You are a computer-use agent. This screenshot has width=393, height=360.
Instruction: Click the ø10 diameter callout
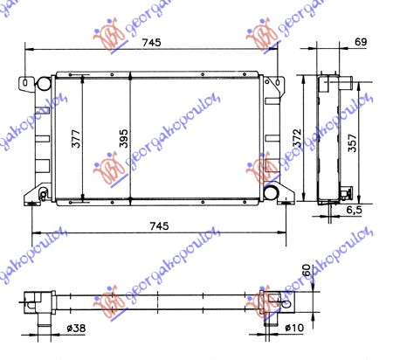tap(292, 329)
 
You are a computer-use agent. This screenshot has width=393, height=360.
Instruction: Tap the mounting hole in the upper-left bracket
tap(22, 86)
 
